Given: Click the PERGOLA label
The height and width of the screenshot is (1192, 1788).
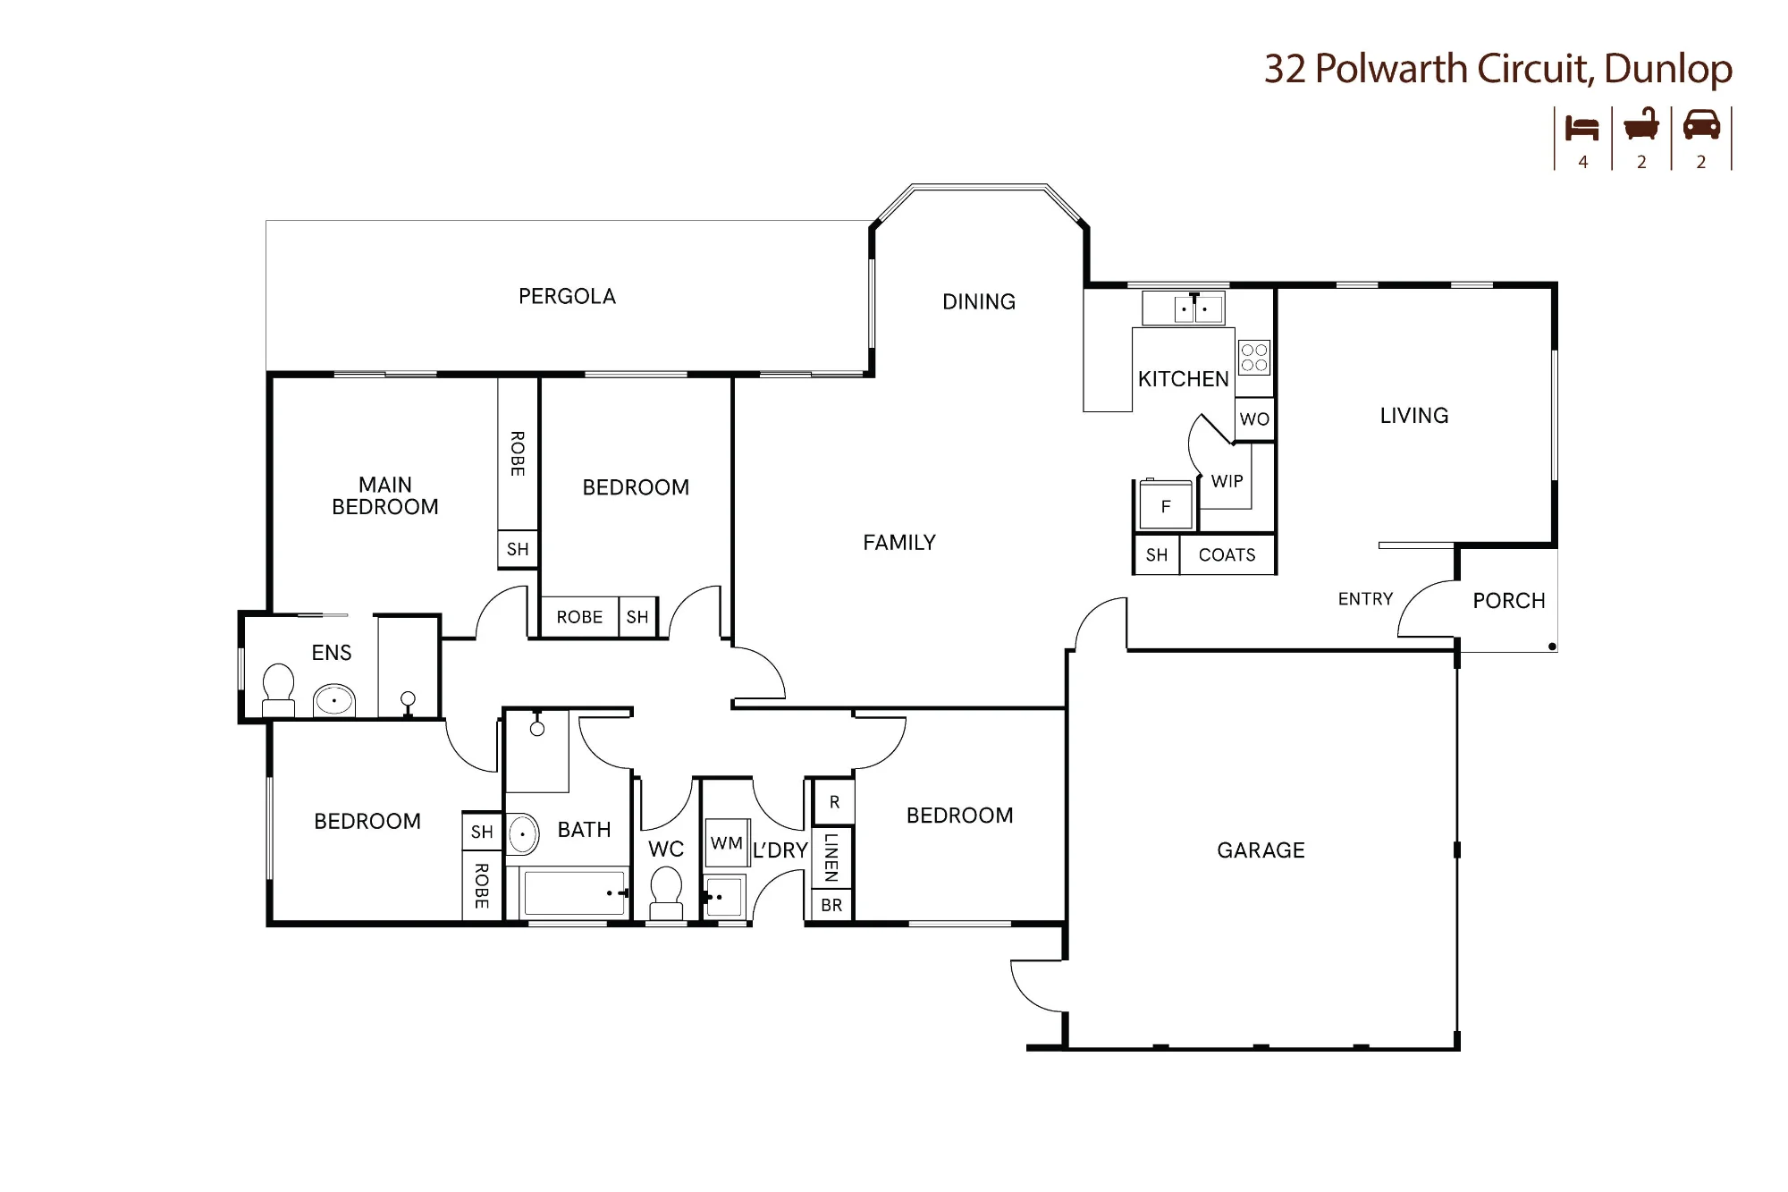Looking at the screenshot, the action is (x=567, y=296).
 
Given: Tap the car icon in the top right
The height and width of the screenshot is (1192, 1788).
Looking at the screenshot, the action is (x=1701, y=125).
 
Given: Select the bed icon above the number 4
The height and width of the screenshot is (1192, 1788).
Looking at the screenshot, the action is (x=1581, y=129).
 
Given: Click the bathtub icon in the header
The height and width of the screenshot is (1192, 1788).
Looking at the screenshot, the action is (x=1641, y=124).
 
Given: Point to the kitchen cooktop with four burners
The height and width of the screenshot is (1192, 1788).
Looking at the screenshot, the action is (x=1254, y=358).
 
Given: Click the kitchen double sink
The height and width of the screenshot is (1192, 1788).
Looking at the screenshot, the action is (x=1194, y=309).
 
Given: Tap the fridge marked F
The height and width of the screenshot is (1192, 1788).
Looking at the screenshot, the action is (x=1165, y=506).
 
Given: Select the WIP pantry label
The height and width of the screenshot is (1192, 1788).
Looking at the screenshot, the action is (x=1227, y=481).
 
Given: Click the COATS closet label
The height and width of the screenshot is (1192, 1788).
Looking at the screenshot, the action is (x=1227, y=554).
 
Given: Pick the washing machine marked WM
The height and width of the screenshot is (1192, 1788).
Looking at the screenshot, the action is (x=727, y=843).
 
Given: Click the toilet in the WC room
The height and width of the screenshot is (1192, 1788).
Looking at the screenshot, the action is (x=666, y=894).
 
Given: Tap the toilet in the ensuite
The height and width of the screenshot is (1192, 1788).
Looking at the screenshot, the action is (x=278, y=689).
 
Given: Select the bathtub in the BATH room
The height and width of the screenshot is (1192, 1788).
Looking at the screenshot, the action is (x=574, y=892).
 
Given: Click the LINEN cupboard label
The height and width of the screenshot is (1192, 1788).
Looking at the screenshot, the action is (x=831, y=857).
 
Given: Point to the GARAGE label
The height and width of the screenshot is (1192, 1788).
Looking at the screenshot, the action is (x=1261, y=850).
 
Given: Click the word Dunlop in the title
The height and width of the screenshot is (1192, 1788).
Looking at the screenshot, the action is (x=1668, y=69).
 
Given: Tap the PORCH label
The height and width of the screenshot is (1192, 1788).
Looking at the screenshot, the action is (x=1509, y=601).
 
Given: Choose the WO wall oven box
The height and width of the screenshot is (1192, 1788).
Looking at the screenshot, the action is (x=1254, y=419).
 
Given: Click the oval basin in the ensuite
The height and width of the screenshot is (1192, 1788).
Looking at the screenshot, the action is (x=334, y=700).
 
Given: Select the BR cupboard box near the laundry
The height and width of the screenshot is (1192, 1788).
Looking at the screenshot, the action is (x=831, y=905).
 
